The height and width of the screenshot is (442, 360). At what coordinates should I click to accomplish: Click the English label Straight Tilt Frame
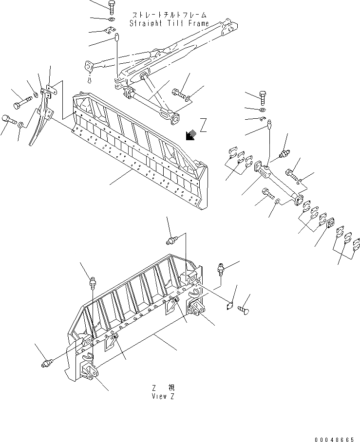coord(169,23)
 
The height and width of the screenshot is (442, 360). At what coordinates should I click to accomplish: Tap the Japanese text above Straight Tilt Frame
coord(169,15)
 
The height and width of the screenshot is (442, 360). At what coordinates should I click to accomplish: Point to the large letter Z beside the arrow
coord(203,126)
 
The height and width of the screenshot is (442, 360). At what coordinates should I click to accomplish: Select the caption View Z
coord(163,396)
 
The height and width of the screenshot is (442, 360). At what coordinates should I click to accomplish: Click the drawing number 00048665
coord(334,438)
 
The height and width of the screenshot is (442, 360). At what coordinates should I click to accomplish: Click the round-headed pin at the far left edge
coord(8,118)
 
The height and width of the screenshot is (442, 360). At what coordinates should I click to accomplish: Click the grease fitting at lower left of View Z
coord(47,363)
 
